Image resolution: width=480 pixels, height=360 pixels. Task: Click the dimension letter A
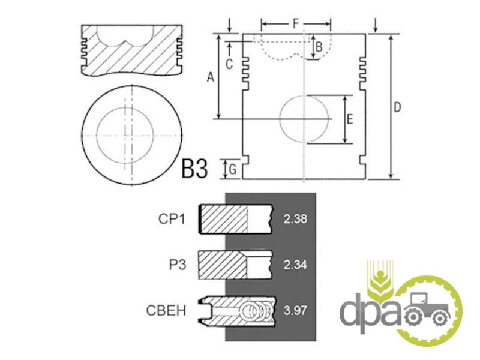tap(211, 77)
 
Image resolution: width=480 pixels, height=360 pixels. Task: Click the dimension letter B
tap(319, 47)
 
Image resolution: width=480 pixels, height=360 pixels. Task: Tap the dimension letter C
tap(229, 64)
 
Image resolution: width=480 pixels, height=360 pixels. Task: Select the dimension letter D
tap(397, 107)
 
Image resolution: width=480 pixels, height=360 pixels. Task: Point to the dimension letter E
tap(350, 119)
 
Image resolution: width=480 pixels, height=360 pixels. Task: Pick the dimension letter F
tap(296, 23)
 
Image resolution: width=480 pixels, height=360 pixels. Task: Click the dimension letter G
tap(233, 169)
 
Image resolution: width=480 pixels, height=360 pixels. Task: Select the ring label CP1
tap(172, 219)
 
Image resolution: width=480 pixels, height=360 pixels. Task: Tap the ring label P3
tap(178, 265)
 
